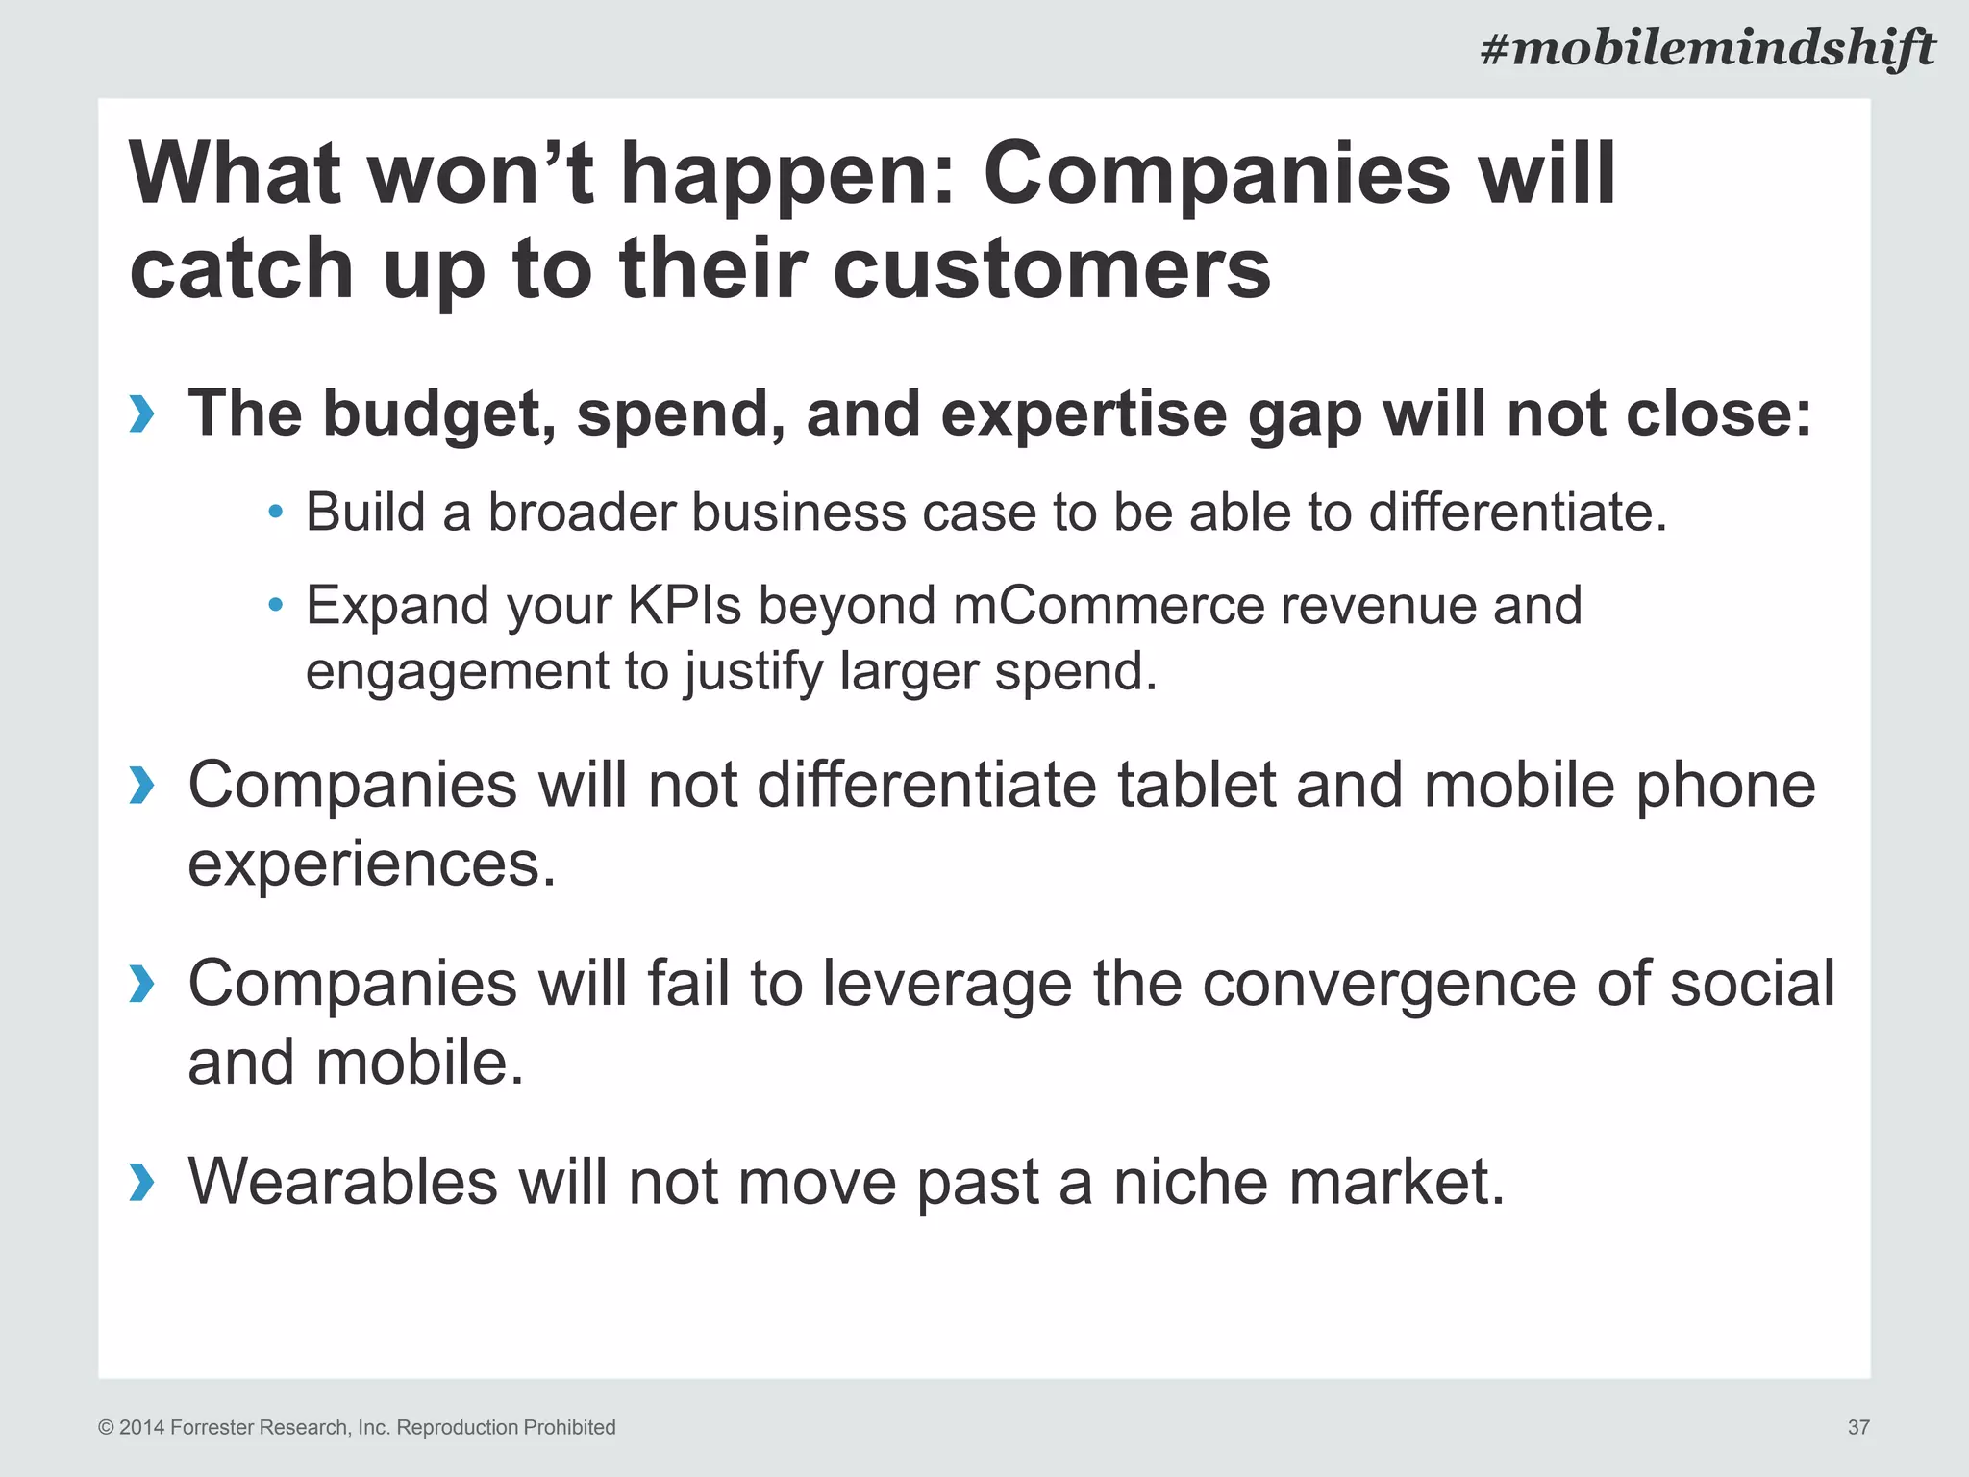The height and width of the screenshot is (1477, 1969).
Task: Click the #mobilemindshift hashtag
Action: point(1707,48)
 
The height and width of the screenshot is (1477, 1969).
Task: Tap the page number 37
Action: point(1858,1427)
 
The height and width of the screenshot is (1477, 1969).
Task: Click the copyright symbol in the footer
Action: point(106,1428)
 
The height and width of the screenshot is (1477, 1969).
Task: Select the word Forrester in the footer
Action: point(212,1427)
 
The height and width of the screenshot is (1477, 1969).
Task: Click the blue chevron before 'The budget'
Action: point(141,414)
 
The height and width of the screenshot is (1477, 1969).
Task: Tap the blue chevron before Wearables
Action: point(141,1182)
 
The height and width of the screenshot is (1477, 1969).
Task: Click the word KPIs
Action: point(685,606)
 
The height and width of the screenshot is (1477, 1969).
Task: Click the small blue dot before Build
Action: point(276,512)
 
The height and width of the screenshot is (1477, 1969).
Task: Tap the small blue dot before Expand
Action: point(276,605)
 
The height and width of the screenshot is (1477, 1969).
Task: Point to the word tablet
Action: point(1196,785)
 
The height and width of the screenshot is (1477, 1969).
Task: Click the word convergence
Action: point(1390,984)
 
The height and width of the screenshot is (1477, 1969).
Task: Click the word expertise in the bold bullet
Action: point(1084,414)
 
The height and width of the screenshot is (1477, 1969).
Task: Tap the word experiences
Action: point(372,864)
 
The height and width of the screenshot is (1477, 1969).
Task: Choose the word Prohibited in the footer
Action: point(568,1427)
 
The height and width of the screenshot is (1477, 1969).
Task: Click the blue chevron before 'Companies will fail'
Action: point(141,984)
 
